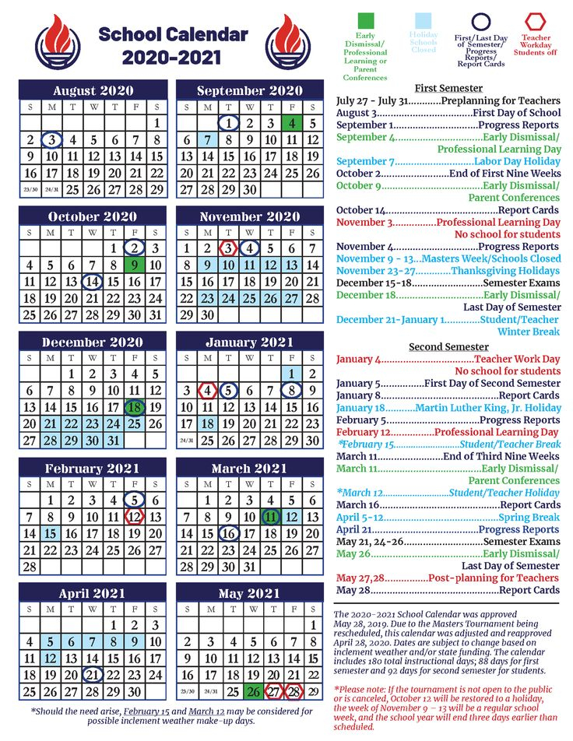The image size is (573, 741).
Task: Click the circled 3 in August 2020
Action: tap(51, 140)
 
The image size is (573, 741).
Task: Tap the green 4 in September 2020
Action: tap(291, 122)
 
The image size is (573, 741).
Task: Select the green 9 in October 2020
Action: tap(135, 266)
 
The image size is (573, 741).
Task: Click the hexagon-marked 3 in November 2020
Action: tap(228, 248)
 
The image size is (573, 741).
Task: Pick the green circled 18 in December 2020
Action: tap(135, 407)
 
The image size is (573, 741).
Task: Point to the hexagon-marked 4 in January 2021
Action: tap(208, 390)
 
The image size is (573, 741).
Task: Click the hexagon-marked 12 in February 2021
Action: tap(135, 517)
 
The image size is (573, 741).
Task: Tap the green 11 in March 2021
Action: tap(270, 517)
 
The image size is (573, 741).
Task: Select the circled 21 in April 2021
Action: tap(93, 675)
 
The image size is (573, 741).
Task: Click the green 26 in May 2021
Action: tap(252, 692)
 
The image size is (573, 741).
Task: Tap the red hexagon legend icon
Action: tap(536, 22)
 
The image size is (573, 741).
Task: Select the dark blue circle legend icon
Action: tap(480, 22)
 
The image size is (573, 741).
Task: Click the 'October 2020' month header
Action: tap(92, 216)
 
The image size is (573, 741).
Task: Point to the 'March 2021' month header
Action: tap(249, 469)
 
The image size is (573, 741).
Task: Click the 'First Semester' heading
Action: tap(448, 88)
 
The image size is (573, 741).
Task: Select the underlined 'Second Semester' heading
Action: tap(448, 346)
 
